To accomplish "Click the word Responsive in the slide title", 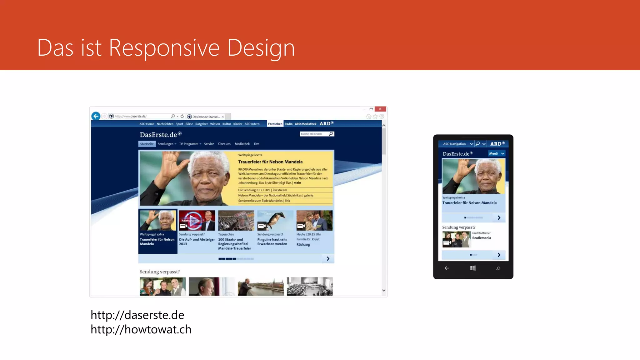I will click(x=164, y=48).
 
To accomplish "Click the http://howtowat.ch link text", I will click(x=141, y=329).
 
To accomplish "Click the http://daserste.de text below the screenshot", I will click(x=137, y=315).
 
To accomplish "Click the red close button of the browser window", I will click(x=380, y=109).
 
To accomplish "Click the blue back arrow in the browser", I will click(x=96, y=116).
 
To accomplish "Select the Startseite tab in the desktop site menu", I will click(x=147, y=144).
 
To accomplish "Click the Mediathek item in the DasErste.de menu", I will click(x=242, y=144).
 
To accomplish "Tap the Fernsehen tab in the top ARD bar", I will click(x=275, y=124).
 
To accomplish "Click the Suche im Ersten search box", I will click(x=314, y=134).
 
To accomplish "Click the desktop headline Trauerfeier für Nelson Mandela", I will click(x=270, y=162).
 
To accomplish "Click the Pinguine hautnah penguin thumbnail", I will click(x=275, y=220).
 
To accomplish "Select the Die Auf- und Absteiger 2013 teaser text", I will click(x=197, y=242).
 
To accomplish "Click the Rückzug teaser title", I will click(x=303, y=245).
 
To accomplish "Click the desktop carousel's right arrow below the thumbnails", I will click(x=328, y=259).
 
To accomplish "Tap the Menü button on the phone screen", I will click(x=496, y=153).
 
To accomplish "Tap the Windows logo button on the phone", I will click(x=473, y=268).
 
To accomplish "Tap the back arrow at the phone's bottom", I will click(x=447, y=268).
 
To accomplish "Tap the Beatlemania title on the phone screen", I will click(x=481, y=238).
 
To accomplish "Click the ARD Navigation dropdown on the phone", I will click(x=457, y=144).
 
